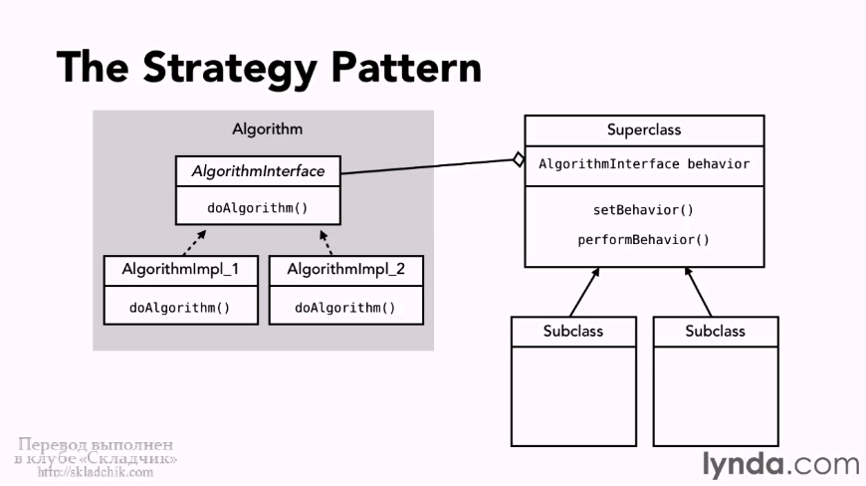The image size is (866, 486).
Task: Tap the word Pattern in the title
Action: click(x=406, y=67)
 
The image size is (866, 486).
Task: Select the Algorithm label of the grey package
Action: click(x=267, y=129)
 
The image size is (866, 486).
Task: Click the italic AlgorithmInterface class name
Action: click(x=258, y=171)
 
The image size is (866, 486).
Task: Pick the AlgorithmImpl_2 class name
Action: click(x=345, y=269)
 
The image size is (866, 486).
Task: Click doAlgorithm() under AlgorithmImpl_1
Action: click(x=179, y=307)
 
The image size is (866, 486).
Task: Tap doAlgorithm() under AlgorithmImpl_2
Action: click(x=345, y=307)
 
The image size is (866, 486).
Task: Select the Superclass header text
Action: click(x=644, y=130)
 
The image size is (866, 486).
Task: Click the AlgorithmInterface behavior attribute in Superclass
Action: click(x=644, y=164)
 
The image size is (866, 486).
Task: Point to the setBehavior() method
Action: click(x=644, y=210)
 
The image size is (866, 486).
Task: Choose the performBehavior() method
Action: click(x=644, y=240)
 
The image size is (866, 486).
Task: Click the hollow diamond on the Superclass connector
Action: click(x=518, y=159)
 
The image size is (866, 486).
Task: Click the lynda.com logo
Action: click(x=779, y=464)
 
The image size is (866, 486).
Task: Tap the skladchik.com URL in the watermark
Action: click(x=96, y=472)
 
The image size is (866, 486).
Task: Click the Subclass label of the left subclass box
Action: click(x=573, y=331)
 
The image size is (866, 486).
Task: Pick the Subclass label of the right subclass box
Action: click(x=715, y=331)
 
